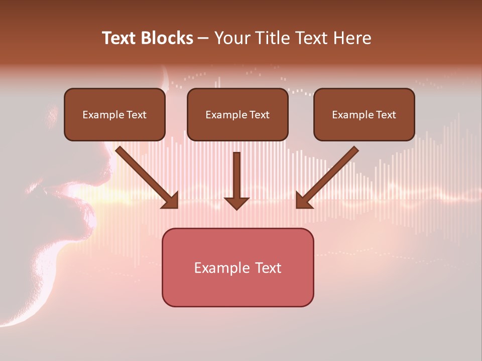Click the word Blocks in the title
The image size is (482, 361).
coord(167,38)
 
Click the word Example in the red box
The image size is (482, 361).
coord(218,268)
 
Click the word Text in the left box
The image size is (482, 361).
coord(137,115)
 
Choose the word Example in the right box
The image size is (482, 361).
coord(353,115)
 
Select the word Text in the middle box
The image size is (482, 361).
coord(260,115)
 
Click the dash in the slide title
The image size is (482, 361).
coord(203,38)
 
